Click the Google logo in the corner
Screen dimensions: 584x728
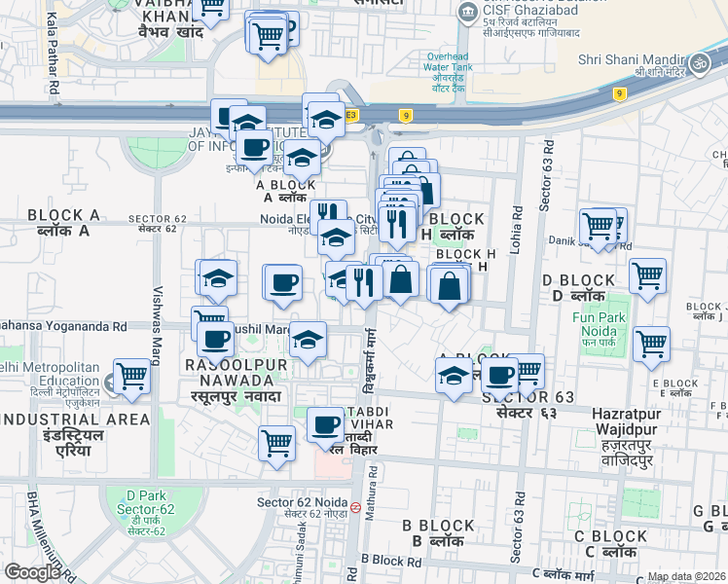(x=31, y=572)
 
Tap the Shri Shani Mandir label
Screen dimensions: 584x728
(x=630, y=60)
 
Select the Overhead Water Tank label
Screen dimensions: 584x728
(x=449, y=68)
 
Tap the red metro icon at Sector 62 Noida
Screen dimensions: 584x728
(x=356, y=507)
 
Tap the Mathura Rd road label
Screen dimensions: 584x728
(x=373, y=526)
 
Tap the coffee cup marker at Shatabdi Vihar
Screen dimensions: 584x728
(x=325, y=424)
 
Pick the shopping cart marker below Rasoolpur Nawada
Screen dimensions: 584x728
(x=277, y=444)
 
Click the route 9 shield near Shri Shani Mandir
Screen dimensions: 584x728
(x=619, y=93)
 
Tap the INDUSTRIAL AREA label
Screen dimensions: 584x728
(x=75, y=420)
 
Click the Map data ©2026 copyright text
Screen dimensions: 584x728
(x=686, y=576)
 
